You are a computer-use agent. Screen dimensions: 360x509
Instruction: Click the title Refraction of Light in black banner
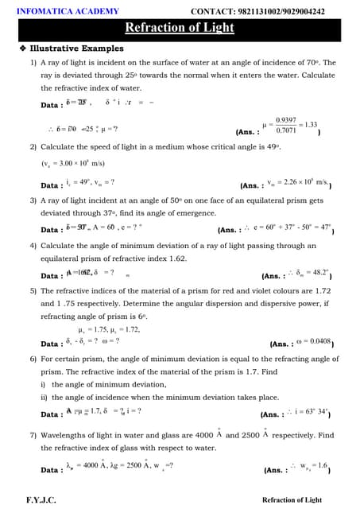click(x=180, y=28)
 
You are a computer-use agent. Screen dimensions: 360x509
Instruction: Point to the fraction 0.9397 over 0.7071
click(x=283, y=124)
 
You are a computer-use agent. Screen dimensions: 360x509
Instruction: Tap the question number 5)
click(x=34, y=291)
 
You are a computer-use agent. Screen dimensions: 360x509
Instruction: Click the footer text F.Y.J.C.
click(x=41, y=499)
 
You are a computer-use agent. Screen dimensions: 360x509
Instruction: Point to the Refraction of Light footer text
click(x=292, y=499)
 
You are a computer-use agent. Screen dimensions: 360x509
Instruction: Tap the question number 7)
click(x=34, y=436)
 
